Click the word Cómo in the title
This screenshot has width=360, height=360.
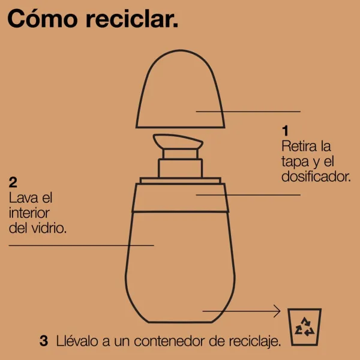[x=43, y=19]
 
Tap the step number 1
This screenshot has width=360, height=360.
[x=285, y=131]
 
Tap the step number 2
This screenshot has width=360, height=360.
[x=13, y=182]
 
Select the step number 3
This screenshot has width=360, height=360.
[x=44, y=341]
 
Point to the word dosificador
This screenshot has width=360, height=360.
[x=316, y=176]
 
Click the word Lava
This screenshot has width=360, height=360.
[x=22, y=197]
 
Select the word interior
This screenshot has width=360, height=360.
[x=29, y=213]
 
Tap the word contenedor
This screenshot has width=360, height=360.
[x=169, y=341]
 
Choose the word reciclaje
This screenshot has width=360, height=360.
[x=255, y=341]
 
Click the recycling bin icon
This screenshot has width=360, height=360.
[x=304, y=327]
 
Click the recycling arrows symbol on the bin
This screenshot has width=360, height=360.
[x=304, y=326]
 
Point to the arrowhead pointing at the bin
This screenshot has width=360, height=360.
[x=277, y=311]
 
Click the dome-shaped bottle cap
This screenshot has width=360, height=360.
[x=180, y=89]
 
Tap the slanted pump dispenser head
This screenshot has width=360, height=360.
[x=178, y=142]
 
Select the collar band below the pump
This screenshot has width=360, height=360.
[x=180, y=197]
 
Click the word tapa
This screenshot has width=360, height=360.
[x=295, y=162]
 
